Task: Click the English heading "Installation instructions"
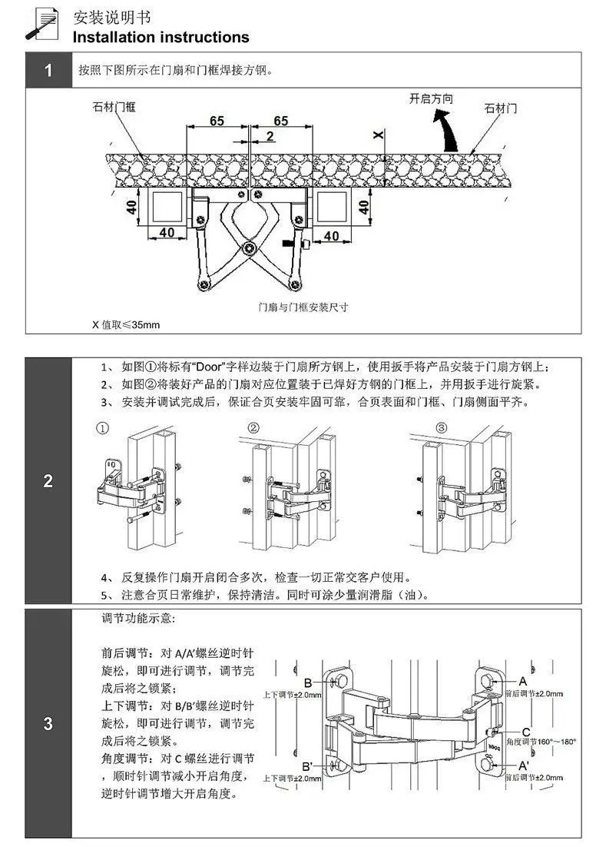click(161, 37)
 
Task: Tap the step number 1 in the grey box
click(48, 70)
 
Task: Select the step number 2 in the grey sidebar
click(48, 480)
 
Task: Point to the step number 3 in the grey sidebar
click(48, 723)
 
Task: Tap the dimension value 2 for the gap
click(270, 136)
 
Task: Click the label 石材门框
click(114, 106)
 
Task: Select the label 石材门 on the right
click(501, 108)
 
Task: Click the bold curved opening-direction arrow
click(447, 130)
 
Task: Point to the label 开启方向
click(431, 98)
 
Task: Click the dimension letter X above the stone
click(379, 134)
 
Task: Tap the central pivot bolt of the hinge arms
click(249, 248)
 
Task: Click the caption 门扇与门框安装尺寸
click(303, 307)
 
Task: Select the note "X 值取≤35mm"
click(126, 324)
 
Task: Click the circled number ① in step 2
click(103, 428)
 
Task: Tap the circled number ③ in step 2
click(441, 428)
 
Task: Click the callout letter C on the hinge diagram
click(526, 732)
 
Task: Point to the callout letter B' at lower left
click(308, 766)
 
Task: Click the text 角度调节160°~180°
click(541, 742)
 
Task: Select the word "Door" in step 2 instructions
click(209, 367)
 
